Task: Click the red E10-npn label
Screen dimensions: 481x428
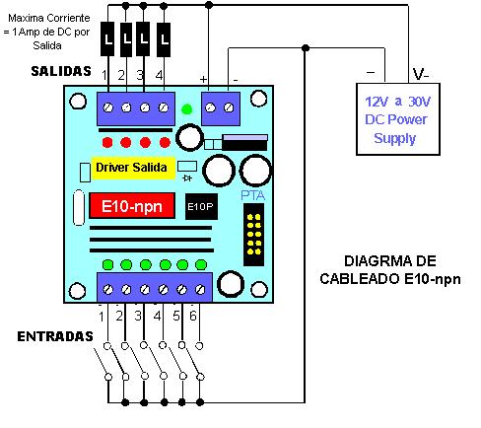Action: (x=132, y=206)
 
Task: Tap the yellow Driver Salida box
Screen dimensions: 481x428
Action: (x=133, y=168)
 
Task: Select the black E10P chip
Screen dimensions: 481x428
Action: (x=201, y=206)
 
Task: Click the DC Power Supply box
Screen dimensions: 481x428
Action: (x=398, y=119)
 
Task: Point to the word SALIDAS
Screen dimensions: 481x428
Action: (x=61, y=71)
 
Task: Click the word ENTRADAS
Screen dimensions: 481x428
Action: (x=55, y=336)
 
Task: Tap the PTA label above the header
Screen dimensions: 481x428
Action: (x=252, y=195)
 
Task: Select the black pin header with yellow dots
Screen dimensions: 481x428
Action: (x=253, y=235)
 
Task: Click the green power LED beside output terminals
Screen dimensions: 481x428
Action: (x=187, y=109)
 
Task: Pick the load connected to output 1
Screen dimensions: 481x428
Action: (x=107, y=38)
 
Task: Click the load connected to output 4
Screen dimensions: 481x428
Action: (x=164, y=38)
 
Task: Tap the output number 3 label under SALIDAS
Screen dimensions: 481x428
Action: (x=140, y=75)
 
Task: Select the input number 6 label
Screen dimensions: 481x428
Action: (x=193, y=316)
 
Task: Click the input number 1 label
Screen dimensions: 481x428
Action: (x=102, y=317)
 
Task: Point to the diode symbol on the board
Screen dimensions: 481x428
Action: (x=187, y=178)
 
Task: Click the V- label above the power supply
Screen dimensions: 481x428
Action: (x=421, y=74)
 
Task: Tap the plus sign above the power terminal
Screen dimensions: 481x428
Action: (x=204, y=79)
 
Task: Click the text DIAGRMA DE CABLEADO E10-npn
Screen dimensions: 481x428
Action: (x=390, y=270)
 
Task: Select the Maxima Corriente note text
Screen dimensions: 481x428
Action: (x=47, y=32)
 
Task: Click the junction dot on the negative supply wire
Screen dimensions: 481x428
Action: (x=306, y=48)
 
